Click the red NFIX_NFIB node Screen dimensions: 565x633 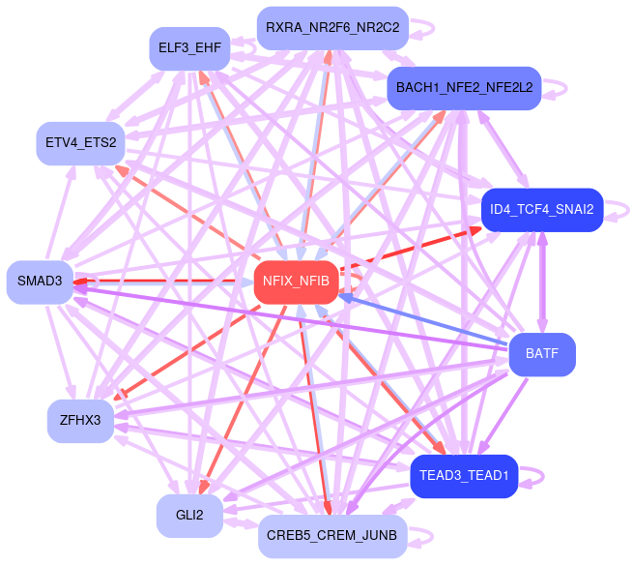(297, 282)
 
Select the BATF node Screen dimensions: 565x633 (542, 354)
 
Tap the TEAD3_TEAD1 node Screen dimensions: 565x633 (465, 475)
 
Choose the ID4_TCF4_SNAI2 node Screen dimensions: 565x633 (542, 209)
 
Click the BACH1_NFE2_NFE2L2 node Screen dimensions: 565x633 (463, 88)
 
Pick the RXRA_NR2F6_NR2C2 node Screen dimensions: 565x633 (332, 27)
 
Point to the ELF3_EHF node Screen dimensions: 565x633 (189, 48)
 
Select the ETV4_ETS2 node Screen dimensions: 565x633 (80, 143)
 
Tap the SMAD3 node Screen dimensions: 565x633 (40, 282)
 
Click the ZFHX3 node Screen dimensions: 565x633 (80, 420)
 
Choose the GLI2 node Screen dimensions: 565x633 (189, 516)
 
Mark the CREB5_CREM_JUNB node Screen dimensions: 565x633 (332, 536)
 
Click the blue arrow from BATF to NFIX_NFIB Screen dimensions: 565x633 (425, 320)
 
